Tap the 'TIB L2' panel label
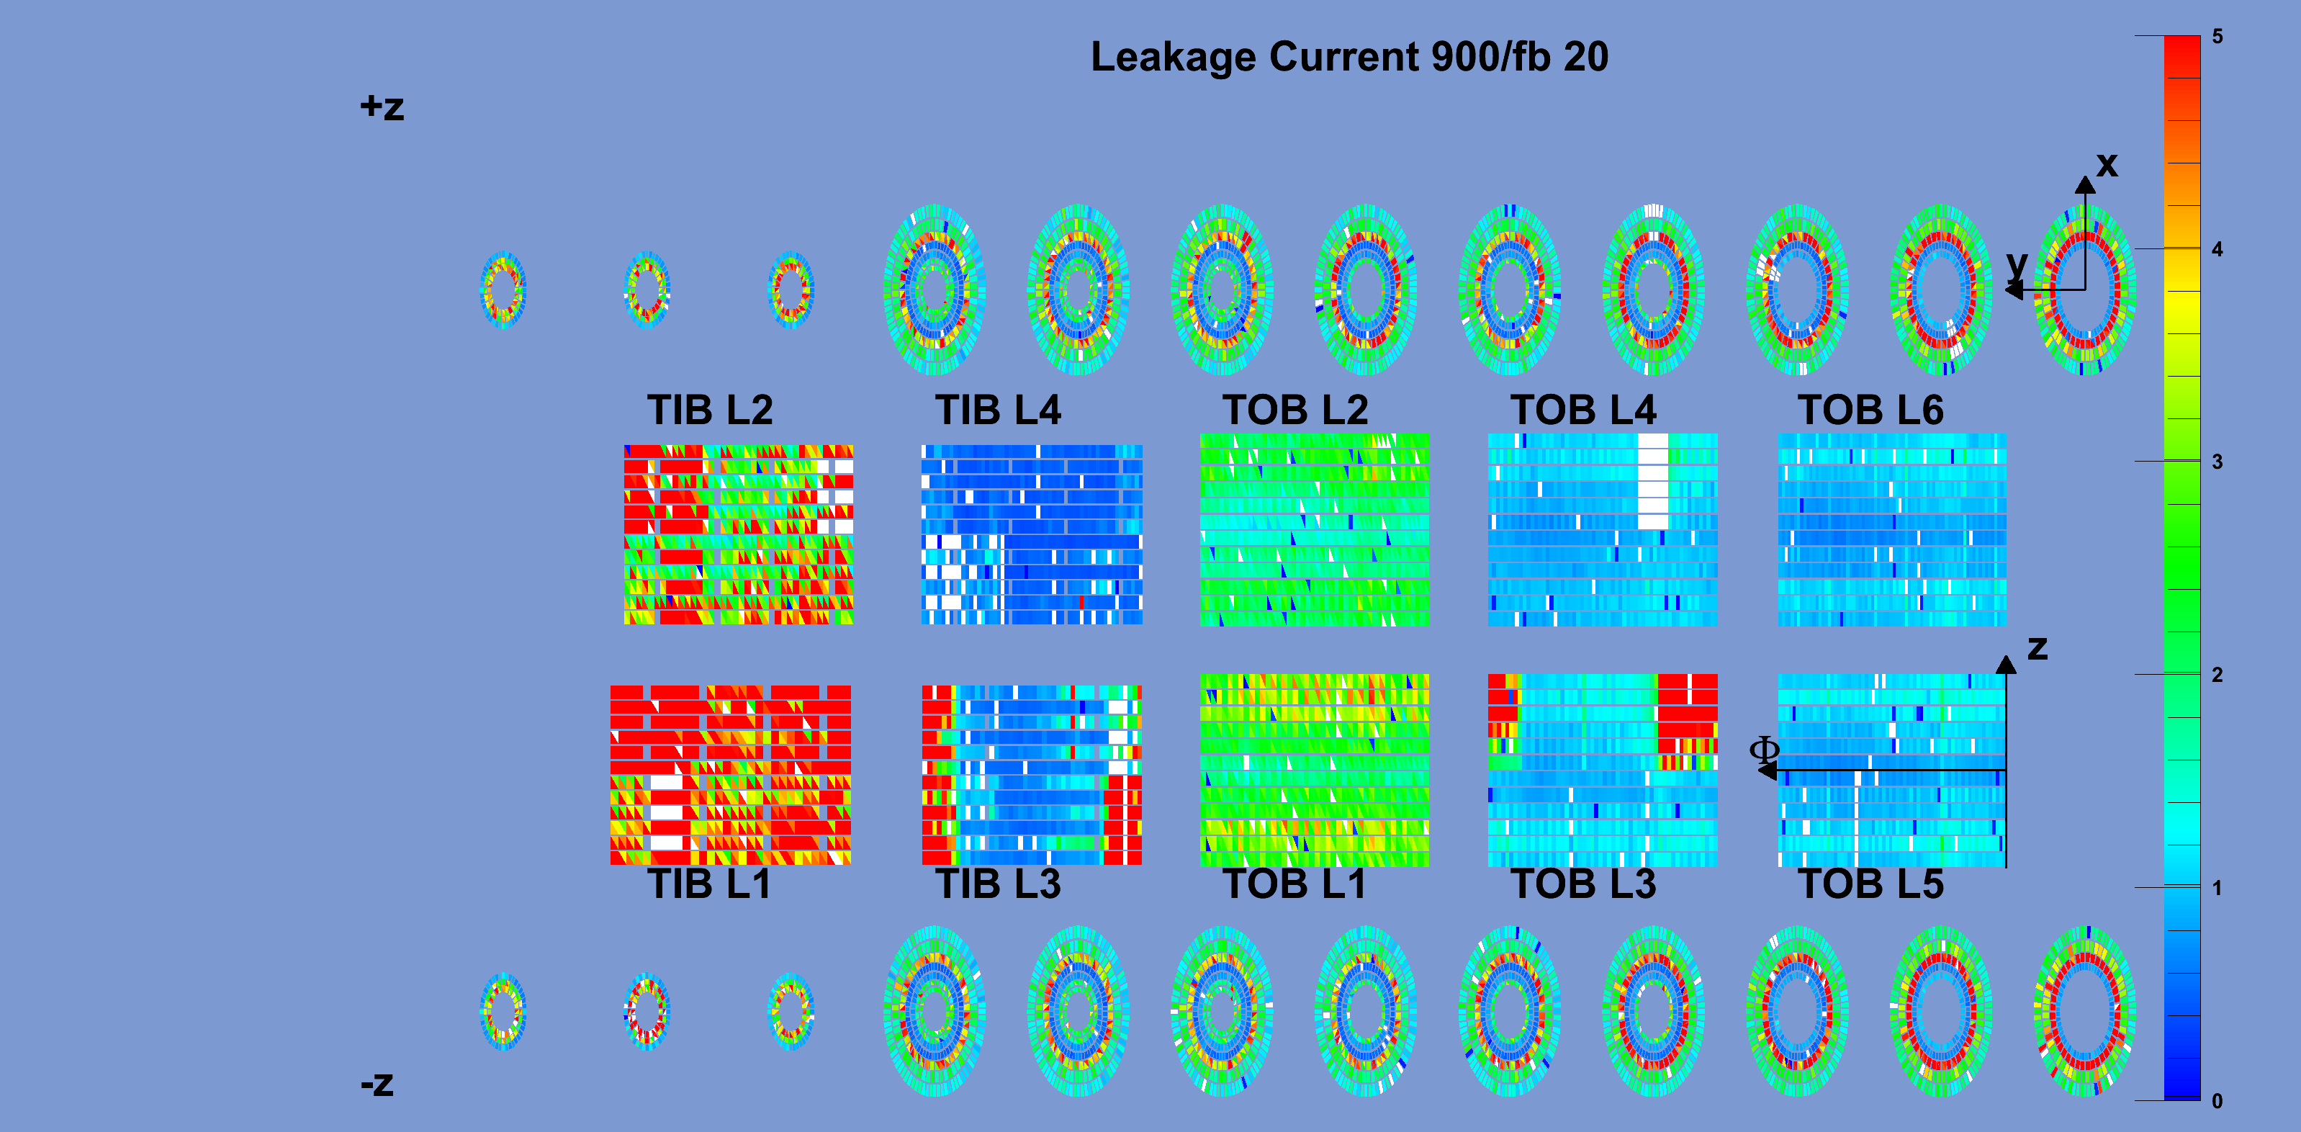(710, 410)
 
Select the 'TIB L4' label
(998, 410)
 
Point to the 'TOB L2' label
(1295, 410)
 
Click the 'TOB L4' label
(1584, 410)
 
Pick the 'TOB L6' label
(1870, 410)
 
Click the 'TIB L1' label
(709, 884)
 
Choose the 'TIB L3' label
(998, 884)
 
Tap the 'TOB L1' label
(1294, 884)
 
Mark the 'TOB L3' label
(1584, 884)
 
